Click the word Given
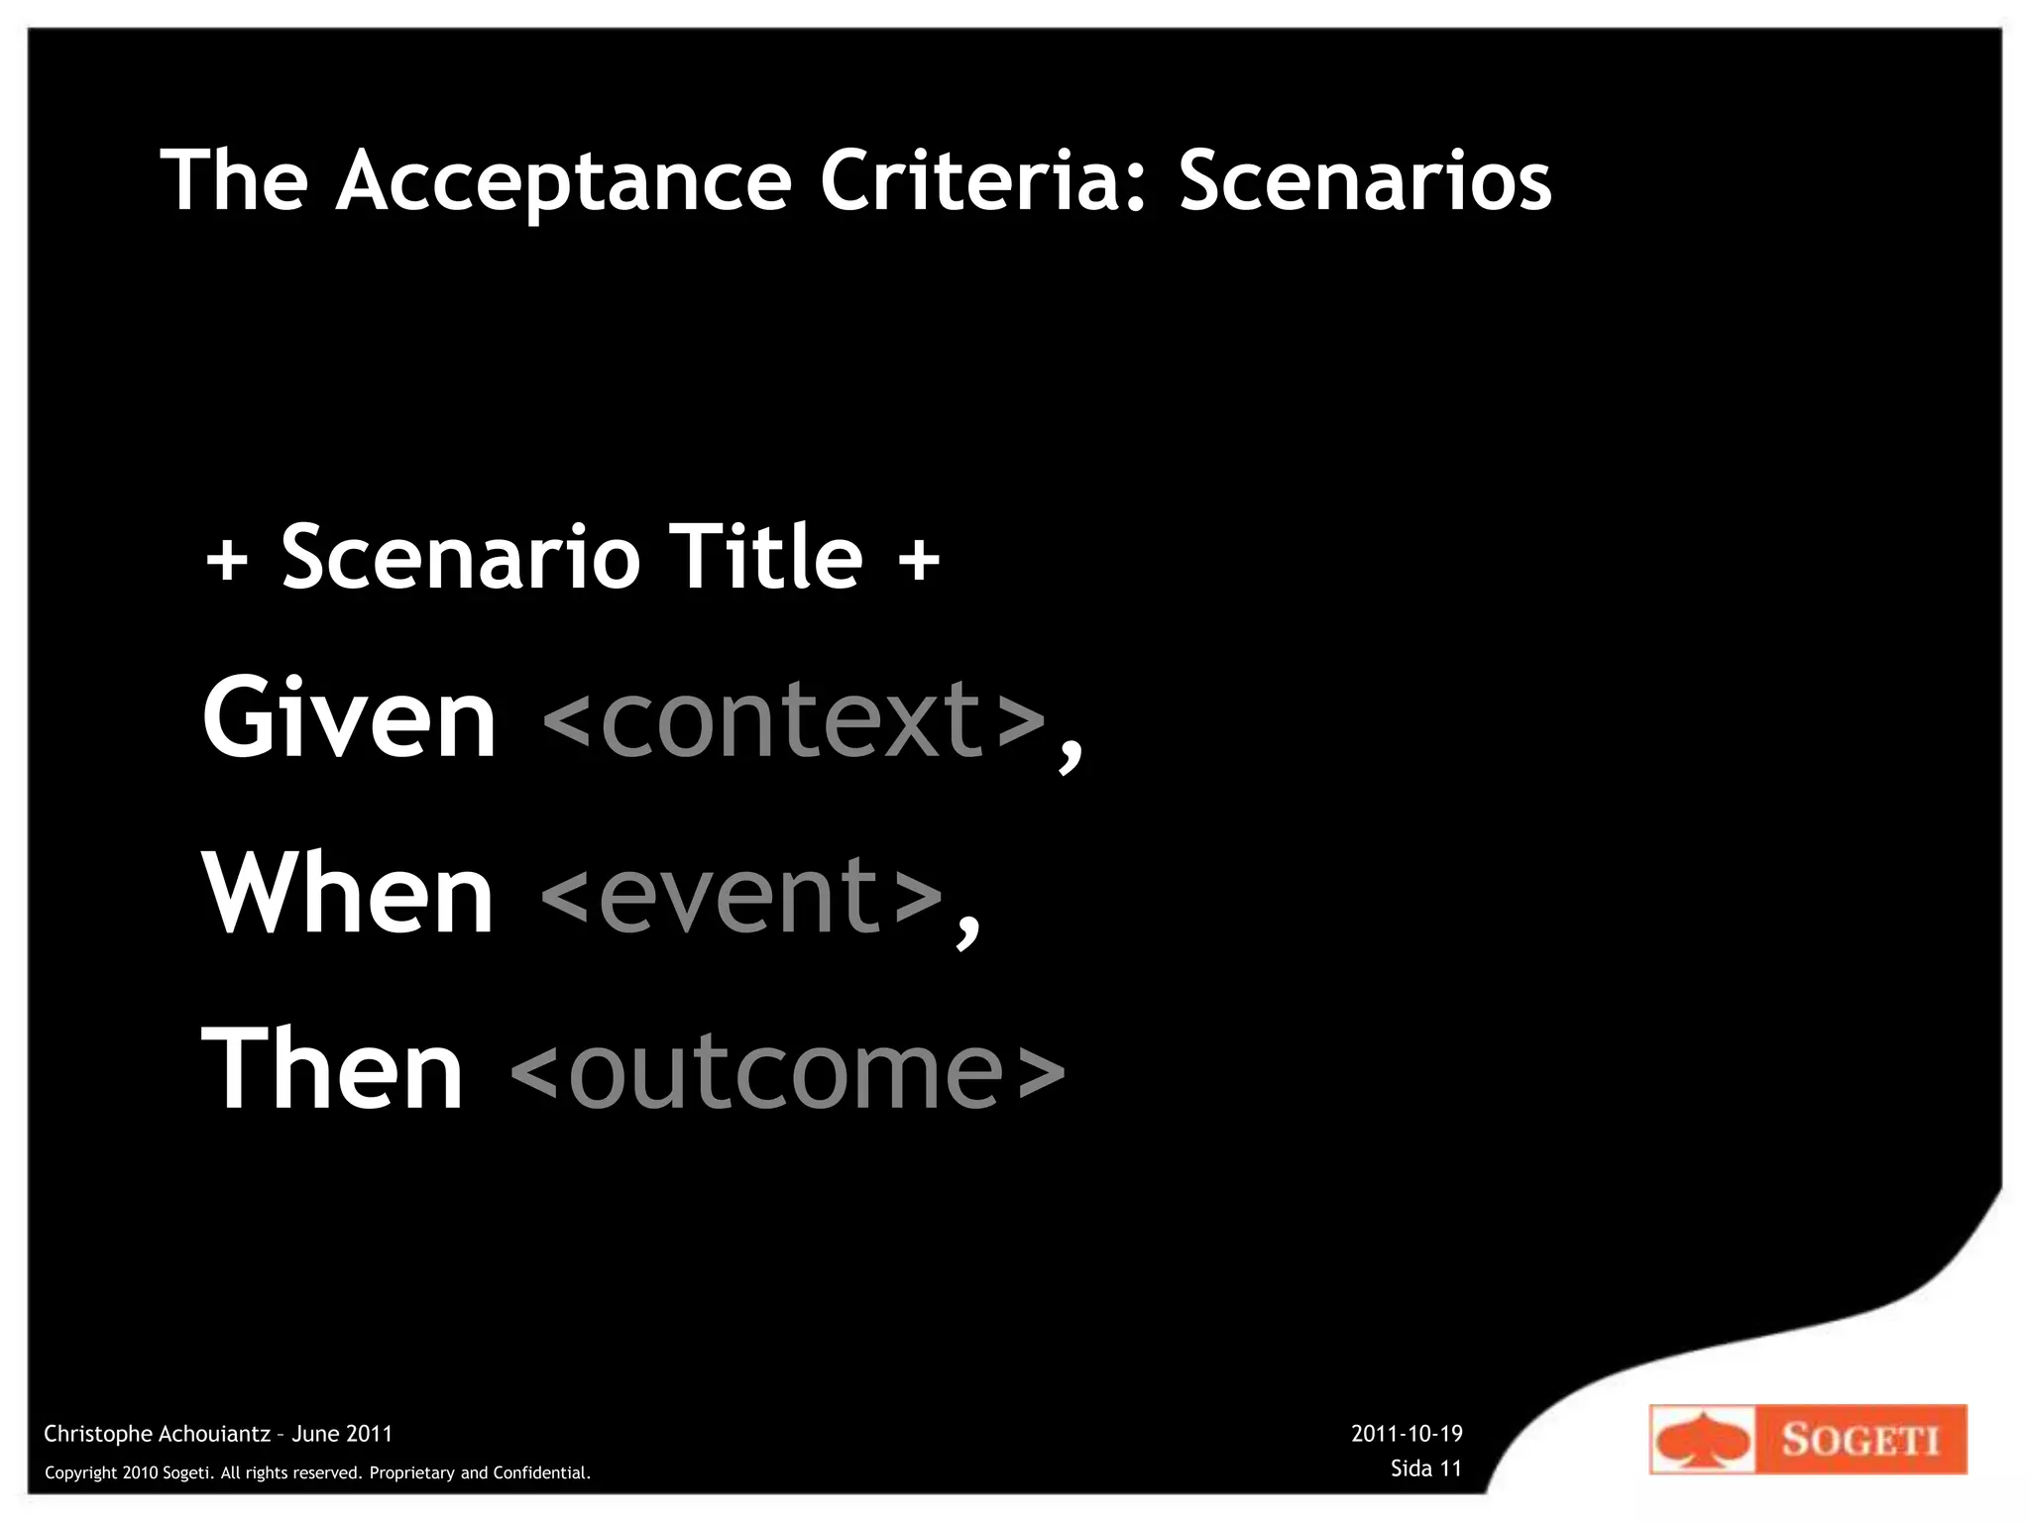(349, 717)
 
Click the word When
(348, 894)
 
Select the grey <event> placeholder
(741, 894)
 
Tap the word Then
(333, 1070)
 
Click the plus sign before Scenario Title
(227, 560)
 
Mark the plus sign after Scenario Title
(919, 560)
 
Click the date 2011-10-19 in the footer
(1407, 1434)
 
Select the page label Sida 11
(1425, 1468)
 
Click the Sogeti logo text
(1860, 1440)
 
